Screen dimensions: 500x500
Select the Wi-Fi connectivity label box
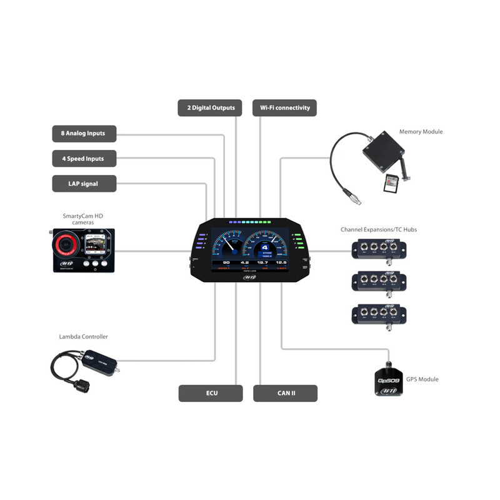[285, 108]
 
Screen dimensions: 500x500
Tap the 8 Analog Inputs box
[83, 133]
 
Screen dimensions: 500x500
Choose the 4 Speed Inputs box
[83, 159]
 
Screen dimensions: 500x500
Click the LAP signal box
[83, 184]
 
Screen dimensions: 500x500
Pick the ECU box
[211, 393]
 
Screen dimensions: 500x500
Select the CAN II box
[286, 393]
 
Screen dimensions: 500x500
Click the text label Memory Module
[421, 132]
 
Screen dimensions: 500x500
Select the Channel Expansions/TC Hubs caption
[378, 229]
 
